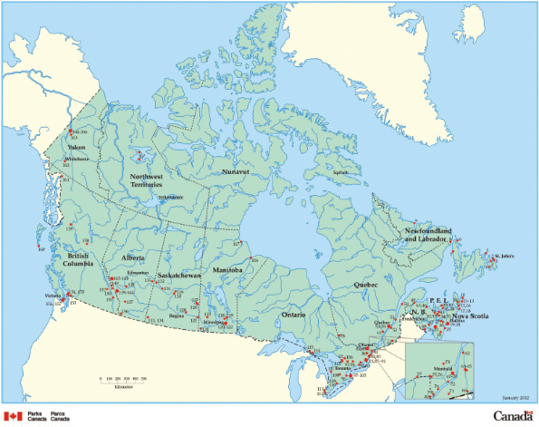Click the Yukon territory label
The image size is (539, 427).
coord(76,146)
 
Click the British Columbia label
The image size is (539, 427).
coord(84,261)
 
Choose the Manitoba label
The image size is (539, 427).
coord(226,270)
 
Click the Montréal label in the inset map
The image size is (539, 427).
coord(444,370)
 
